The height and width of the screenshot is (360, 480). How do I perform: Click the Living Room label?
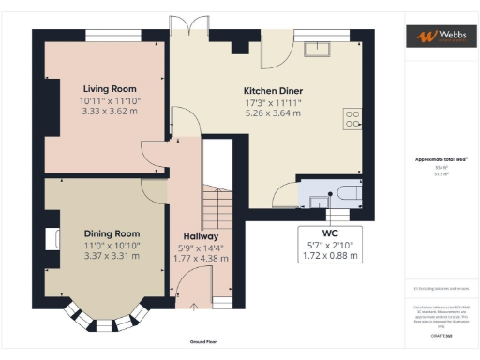click(103, 88)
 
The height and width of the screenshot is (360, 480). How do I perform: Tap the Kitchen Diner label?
click(273, 91)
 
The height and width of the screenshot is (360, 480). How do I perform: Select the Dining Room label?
click(112, 233)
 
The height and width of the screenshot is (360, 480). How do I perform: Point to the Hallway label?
click(201, 236)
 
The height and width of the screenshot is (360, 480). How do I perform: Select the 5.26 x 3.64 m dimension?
click(273, 112)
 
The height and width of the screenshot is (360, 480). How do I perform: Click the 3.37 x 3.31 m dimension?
click(112, 255)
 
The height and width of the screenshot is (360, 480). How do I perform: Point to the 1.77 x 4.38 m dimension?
click(201, 258)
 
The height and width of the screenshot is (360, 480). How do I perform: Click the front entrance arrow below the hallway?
click(194, 305)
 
